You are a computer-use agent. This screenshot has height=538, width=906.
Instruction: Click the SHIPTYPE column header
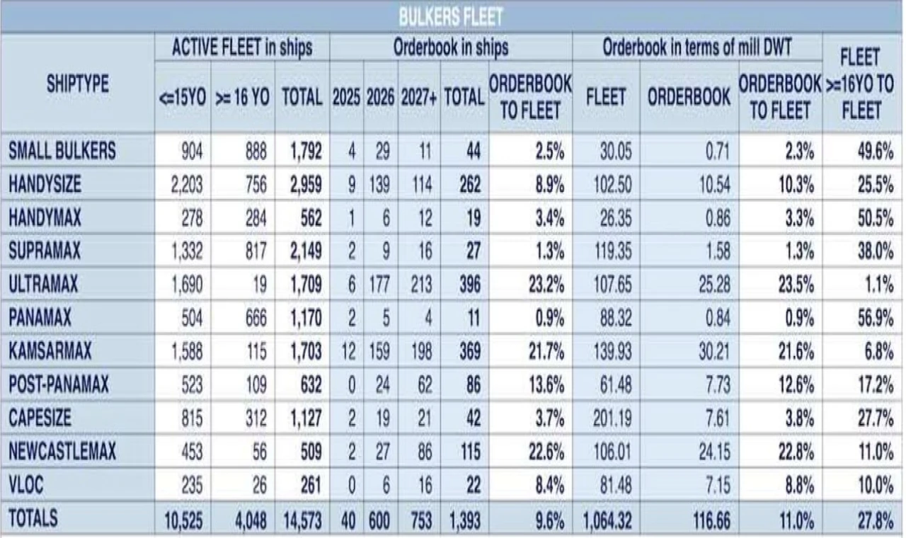click(77, 84)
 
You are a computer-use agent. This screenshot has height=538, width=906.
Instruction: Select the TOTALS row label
click(33, 518)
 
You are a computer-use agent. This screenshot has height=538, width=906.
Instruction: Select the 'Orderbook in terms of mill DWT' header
click(696, 48)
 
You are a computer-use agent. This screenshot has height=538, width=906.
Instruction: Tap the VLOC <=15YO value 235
click(190, 485)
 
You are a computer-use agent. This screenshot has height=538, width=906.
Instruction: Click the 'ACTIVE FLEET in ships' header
click(241, 48)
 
